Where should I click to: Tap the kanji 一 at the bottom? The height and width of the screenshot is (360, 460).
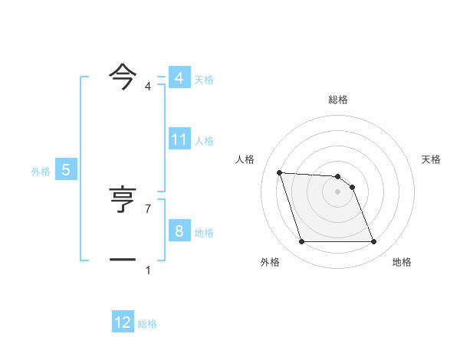coord(123,260)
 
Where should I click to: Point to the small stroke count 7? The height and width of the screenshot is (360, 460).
coord(148,209)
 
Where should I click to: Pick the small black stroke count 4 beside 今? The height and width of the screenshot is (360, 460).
coord(148,87)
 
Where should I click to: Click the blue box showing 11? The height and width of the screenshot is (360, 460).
coord(179,139)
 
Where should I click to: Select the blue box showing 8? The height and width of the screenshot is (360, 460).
coord(179,231)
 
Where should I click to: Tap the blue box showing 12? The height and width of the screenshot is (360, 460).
coord(123,322)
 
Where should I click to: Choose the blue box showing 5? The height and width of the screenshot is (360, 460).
coord(66,170)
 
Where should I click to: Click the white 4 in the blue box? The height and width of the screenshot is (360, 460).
coord(179,78)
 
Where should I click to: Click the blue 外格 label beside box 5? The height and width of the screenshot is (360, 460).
coord(41,172)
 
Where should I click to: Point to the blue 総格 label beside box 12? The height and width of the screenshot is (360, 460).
coord(147,324)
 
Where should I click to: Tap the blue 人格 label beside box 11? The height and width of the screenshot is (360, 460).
coord(204,141)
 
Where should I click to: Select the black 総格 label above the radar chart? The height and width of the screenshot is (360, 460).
coord(337,100)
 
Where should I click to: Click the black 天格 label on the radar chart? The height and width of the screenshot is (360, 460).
coord(431,159)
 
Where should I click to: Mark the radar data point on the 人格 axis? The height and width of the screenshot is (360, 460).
coord(279,172)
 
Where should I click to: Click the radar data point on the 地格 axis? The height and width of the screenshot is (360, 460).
coord(373,242)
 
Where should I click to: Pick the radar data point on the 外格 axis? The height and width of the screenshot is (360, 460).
coord(301,242)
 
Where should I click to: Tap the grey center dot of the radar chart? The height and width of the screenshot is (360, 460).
coord(337,191)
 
